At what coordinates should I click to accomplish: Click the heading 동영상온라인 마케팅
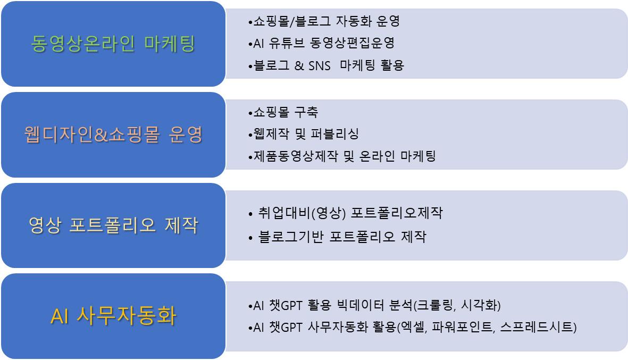113,44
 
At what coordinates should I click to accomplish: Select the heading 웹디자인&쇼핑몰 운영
113,135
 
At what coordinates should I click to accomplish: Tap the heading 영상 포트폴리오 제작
113,225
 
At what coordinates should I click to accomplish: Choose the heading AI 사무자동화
113,316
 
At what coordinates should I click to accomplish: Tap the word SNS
319,65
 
